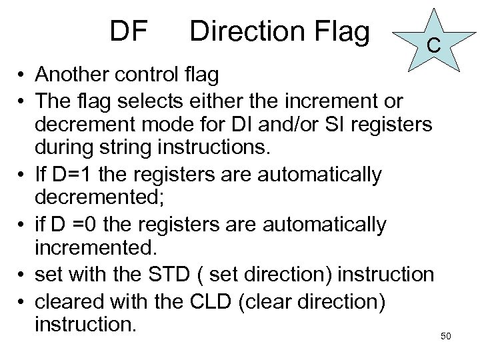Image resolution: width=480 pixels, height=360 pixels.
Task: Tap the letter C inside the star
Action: point(432,45)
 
